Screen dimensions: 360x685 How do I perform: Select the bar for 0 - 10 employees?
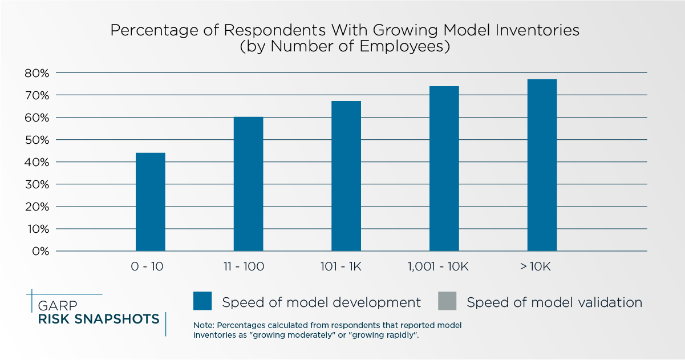click(x=151, y=202)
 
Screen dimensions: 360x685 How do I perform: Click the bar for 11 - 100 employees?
click(x=248, y=184)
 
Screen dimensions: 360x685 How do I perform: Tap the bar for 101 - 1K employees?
click(x=346, y=176)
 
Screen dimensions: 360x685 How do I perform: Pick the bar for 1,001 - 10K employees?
click(x=444, y=168)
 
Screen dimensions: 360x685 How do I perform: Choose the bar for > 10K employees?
click(x=542, y=165)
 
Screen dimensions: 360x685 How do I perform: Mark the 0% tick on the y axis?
click(x=40, y=251)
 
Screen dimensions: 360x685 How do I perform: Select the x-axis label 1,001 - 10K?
click(x=438, y=267)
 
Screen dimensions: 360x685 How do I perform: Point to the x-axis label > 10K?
click(x=535, y=267)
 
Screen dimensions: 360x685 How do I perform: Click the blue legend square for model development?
click(x=202, y=301)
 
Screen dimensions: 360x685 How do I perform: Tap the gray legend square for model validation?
click(x=447, y=301)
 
